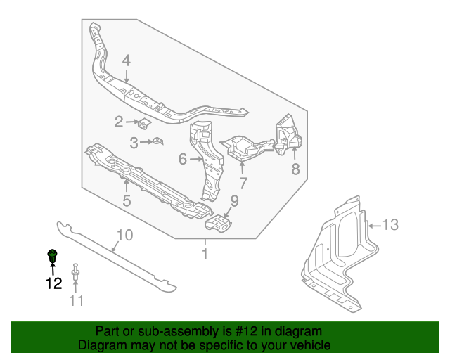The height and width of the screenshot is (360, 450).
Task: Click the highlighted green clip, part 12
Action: coord(52,255)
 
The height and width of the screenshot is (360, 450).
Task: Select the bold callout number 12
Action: coord(53,283)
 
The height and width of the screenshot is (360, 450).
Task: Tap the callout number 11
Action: coord(76,301)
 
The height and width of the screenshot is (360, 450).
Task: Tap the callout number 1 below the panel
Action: coord(205,254)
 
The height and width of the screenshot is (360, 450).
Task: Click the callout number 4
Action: coord(126,61)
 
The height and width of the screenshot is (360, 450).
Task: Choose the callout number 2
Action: coord(119,122)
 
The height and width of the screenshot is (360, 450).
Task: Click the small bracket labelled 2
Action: coord(144,124)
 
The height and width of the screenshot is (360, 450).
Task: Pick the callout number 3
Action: coord(134,143)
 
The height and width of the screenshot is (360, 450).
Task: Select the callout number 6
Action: coord(182,160)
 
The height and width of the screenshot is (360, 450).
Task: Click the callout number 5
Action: coord(127,202)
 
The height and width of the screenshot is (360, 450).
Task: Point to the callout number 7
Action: coord(243,184)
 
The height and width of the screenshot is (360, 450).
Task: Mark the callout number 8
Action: coord(295,169)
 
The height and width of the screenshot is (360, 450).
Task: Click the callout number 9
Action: coord(234,201)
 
